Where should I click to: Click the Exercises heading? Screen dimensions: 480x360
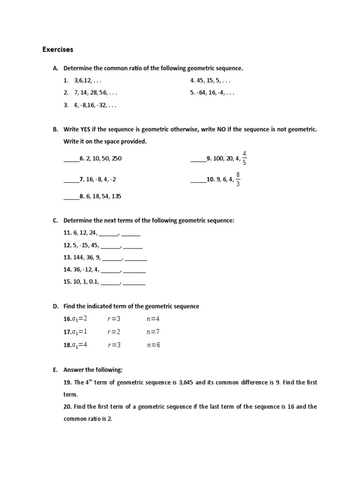(x=58, y=49)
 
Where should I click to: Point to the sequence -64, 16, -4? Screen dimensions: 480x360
(x=216, y=93)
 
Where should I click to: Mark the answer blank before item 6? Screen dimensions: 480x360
(x=71, y=159)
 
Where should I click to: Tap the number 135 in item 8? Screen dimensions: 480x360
(x=116, y=196)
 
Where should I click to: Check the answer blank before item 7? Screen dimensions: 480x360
(x=71, y=179)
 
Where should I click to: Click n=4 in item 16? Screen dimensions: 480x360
(x=153, y=319)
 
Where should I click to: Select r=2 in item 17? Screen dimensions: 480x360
(x=114, y=332)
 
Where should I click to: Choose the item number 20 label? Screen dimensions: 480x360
(x=67, y=407)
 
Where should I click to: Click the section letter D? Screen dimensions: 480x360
(x=55, y=306)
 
